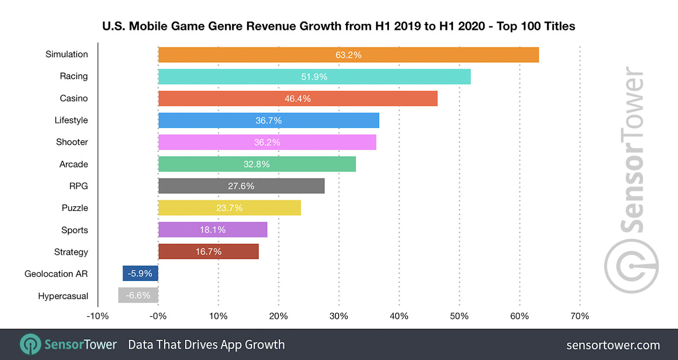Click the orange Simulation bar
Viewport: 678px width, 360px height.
[x=348, y=55]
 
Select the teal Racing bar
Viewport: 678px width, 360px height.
[x=314, y=77]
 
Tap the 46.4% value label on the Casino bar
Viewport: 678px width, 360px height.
[x=298, y=99]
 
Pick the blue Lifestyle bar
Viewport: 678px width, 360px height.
[x=268, y=120]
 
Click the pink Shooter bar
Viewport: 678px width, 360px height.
[x=267, y=142]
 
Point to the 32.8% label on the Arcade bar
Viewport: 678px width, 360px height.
[x=257, y=164]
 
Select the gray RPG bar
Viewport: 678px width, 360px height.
[x=241, y=186]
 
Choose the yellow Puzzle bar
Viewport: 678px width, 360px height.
[x=229, y=208]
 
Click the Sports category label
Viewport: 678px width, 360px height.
[x=74, y=230]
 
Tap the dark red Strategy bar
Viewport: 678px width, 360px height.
[x=208, y=252]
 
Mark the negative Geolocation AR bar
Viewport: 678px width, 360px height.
[x=140, y=273]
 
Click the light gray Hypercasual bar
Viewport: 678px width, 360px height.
[x=138, y=296]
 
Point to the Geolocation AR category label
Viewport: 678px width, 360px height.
[x=56, y=273]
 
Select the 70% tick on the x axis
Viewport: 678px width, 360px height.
[x=580, y=316]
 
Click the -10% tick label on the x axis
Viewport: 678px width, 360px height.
[x=98, y=316]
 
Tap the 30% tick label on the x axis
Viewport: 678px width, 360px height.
[x=339, y=316]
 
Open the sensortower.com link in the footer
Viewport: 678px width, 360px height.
[x=613, y=345]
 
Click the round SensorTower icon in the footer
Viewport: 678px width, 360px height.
[x=30, y=344]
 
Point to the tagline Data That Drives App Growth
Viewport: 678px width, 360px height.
[x=206, y=345]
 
